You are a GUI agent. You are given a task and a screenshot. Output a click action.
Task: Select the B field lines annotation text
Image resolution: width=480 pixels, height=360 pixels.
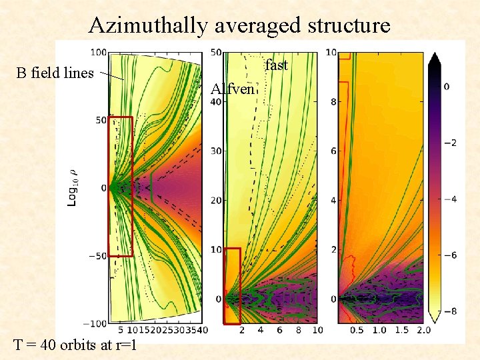click(55, 73)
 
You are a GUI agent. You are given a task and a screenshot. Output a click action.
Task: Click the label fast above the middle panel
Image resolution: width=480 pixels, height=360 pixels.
click(276, 65)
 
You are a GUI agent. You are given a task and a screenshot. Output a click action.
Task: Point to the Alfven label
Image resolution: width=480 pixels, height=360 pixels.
click(232, 89)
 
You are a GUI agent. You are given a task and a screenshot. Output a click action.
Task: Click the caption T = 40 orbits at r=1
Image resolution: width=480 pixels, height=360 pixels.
click(75, 345)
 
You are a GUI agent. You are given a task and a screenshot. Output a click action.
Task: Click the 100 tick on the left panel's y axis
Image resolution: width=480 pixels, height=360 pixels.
click(98, 52)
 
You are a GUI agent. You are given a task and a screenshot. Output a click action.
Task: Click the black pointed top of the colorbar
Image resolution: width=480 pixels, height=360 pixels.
click(434, 59)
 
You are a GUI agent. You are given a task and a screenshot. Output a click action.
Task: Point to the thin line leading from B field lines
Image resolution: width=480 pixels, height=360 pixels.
click(112, 76)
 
